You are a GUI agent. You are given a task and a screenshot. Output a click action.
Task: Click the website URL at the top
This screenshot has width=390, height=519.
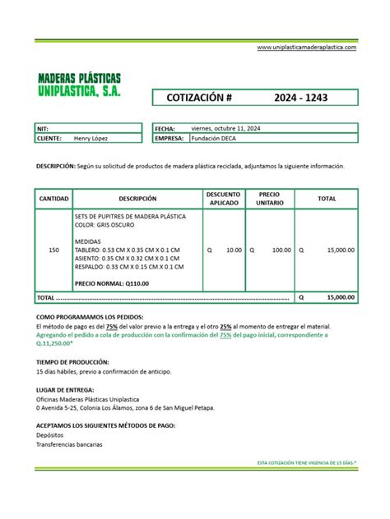[x=307, y=48]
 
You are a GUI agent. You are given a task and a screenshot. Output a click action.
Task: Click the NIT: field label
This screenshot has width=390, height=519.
[x=43, y=129]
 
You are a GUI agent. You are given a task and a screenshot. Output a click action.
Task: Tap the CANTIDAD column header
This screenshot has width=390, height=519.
[x=53, y=199]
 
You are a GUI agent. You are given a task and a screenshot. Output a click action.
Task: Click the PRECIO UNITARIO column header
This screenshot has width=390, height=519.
[x=270, y=199]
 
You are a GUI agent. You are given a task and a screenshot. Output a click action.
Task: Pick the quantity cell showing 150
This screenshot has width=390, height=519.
[x=54, y=250]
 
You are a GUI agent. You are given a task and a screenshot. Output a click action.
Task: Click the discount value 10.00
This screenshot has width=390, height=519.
[x=234, y=250]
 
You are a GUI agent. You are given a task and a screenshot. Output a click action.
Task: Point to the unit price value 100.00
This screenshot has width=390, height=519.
[x=281, y=250]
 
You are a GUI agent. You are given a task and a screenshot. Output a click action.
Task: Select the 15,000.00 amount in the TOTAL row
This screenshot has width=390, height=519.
[x=341, y=297]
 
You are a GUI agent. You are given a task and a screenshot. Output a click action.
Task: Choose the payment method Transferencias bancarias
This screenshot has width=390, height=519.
[x=69, y=444]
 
